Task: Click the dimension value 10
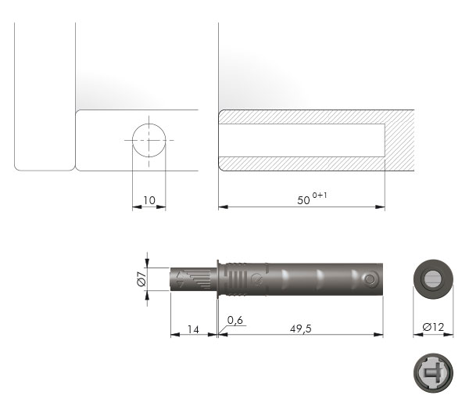click(149, 200)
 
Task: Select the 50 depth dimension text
click(303, 200)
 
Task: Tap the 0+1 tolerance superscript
click(320, 196)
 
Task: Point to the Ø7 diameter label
click(141, 279)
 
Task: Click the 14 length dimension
click(193, 329)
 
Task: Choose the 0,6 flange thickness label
click(235, 320)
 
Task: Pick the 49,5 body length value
click(301, 329)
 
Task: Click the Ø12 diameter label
click(433, 327)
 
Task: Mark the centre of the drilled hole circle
click(149, 140)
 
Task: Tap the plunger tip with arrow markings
click(193, 279)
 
